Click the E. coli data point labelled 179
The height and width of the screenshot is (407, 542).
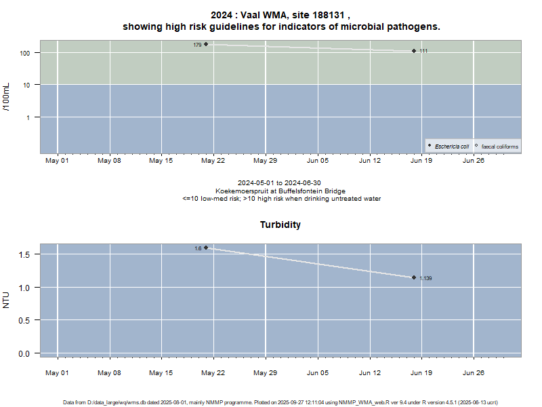coord(206,45)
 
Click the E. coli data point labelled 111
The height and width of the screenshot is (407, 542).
coord(414,51)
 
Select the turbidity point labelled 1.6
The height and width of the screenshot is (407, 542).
coord(206,248)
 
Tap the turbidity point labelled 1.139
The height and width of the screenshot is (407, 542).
coord(414,277)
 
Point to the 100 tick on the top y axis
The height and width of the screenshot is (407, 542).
coord(28,53)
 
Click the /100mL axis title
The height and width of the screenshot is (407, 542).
coord(7,96)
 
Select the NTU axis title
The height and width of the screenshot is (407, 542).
coord(7,299)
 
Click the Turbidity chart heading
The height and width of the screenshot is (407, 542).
coord(280,225)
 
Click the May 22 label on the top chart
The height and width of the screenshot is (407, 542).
coord(213,161)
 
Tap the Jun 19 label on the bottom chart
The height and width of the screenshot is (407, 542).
coord(421,372)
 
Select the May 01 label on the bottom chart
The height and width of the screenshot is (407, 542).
coord(57,372)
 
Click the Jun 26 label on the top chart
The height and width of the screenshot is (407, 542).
coord(473,161)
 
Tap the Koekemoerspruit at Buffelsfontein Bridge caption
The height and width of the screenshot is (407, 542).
coord(280,191)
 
